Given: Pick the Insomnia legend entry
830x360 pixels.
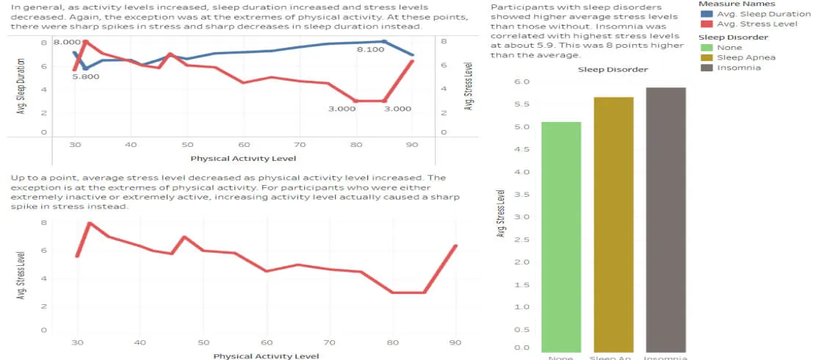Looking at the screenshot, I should point(739,68).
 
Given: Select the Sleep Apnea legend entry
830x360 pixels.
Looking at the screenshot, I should point(746,57).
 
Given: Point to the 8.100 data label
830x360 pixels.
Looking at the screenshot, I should point(371,49).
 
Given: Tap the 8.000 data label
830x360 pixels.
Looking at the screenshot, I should point(67,43).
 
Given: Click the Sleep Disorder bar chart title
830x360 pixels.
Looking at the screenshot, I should point(613,70).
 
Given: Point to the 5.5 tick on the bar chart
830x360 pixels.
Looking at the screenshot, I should point(520,104).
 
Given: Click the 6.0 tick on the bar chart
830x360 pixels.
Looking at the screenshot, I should point(520,82).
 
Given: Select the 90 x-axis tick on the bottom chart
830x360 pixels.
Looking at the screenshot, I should point(455,342).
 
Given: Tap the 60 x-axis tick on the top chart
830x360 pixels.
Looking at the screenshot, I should point(244,145).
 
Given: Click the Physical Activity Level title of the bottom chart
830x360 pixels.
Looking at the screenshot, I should point(266,356).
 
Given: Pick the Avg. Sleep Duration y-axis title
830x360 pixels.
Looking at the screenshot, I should point(20,86).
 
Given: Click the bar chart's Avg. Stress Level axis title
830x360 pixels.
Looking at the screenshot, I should point(501,214).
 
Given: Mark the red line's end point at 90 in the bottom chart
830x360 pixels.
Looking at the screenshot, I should point(455,246).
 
